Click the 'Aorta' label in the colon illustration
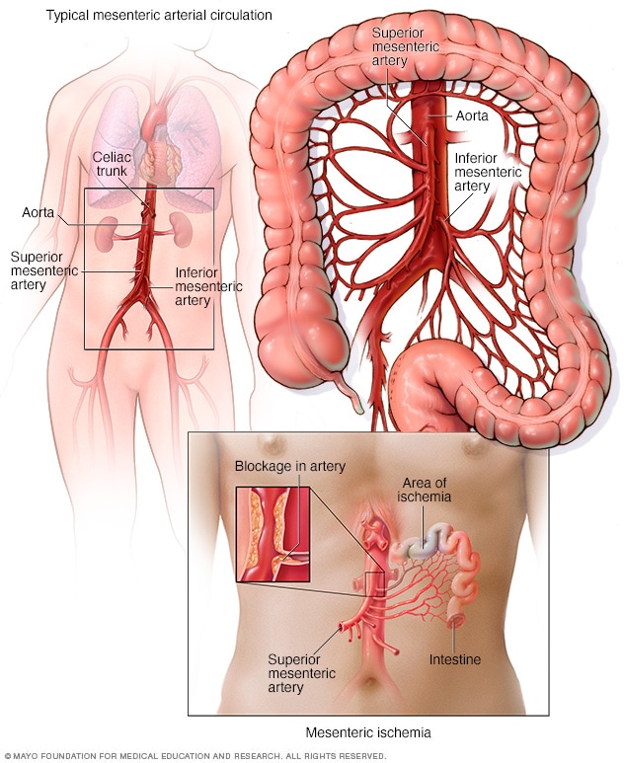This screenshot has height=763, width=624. click(473, 115)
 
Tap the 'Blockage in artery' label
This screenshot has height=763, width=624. click(289, 466)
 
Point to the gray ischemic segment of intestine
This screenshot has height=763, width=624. click(419, 544)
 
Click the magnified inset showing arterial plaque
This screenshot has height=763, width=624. click(272, 534)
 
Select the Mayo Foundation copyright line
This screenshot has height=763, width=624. click(195, 756)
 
